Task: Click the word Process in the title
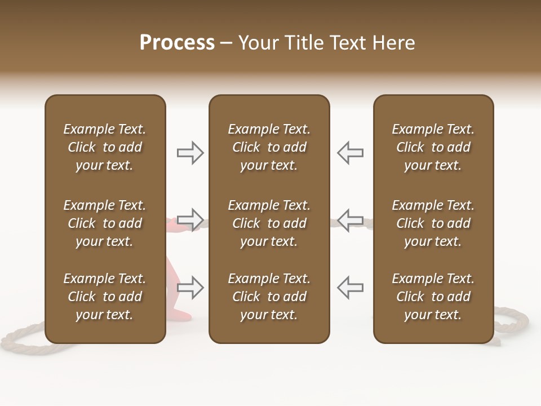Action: (x=177, y=43)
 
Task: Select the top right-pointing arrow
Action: (x=190, y=153)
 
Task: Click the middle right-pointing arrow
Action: (x=190, y=219)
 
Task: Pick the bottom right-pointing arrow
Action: (x=190, y=287)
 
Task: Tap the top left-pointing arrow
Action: (x=350, y=153)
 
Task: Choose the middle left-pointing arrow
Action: (x=350, y=219)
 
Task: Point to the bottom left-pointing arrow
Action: (x=350, y=287)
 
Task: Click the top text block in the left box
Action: (x=105, y=147)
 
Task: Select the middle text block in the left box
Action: (x=105, y=223)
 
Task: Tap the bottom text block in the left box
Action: (x=105, y=297)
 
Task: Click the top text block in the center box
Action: (x=269, y=147)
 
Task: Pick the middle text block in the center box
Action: (x=269, y=223)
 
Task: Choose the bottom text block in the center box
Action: (x=269, y=297)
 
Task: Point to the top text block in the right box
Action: (x=433, y=147)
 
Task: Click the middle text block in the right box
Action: (x=433, y=223)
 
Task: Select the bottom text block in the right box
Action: (x=433, y=297)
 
